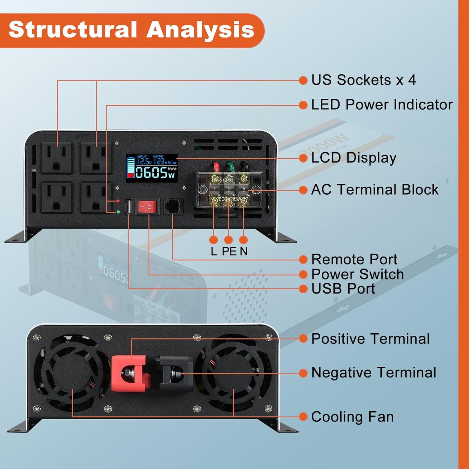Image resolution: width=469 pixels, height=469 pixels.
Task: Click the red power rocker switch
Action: [147, 207]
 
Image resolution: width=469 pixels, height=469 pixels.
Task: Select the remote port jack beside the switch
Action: [173, 206]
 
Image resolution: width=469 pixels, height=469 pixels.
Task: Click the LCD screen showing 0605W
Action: [152, 168]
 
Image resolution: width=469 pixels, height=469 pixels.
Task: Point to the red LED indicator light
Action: [118, 201]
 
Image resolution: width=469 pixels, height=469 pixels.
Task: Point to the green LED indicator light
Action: [118, 212]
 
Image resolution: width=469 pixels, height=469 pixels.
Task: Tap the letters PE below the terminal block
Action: [229, 251]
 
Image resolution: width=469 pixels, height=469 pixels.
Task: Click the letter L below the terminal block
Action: [213, 251]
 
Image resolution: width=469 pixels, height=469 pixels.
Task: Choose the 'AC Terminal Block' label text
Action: [375, 190]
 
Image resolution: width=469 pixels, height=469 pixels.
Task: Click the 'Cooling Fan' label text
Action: [352, 417]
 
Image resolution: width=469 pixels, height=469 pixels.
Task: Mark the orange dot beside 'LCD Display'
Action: [303, 158]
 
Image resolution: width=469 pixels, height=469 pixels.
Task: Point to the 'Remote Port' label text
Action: [354, 259]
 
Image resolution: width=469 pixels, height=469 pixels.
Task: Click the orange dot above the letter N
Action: [243, 240]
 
